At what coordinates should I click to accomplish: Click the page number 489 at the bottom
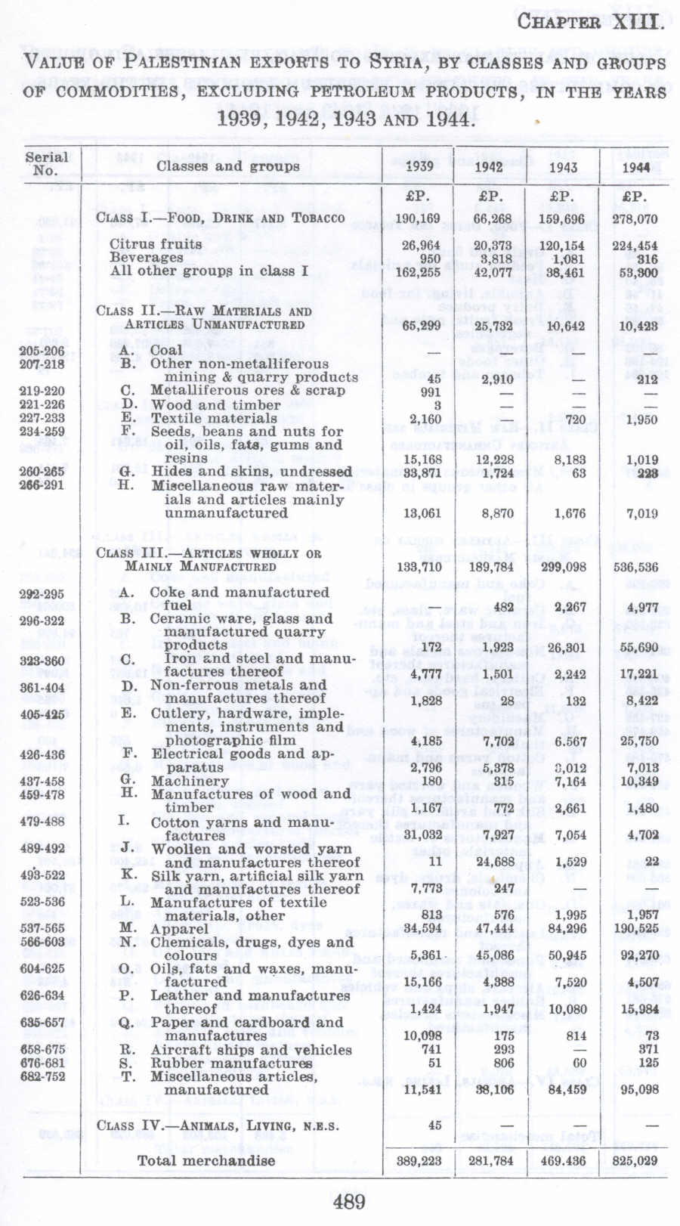click(348, 1201)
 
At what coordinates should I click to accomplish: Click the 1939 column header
click(419, 166)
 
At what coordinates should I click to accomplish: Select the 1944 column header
click(635, 167)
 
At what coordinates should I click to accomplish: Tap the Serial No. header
click(46, 163)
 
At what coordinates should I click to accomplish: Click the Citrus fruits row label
click(156, 244)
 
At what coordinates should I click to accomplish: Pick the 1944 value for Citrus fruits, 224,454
click(635, 246)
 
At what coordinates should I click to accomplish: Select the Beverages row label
click(147, 258)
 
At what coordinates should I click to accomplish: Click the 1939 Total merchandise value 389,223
click(419, 1160)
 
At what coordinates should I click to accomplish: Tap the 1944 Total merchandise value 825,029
click(635, 1160)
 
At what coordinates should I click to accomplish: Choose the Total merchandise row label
click(206, 1160)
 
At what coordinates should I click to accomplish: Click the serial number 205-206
click(42, 351)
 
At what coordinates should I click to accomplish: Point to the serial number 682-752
click(42, 1076)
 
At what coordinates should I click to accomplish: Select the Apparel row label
click(179, 929)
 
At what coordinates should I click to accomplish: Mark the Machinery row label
click(190, 781)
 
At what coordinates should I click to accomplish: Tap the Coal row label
click(166, 351)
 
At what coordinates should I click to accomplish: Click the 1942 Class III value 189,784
click(490, 567)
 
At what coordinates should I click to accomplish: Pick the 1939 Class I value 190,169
click(419, 219)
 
